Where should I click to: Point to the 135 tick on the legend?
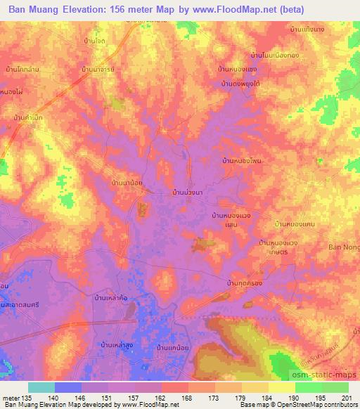[27, 397]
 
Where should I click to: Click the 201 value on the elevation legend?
[345, 397]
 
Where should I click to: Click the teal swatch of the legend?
[41, 387]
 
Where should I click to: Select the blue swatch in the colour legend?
[67, 387]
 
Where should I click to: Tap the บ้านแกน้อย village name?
[174, 346]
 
